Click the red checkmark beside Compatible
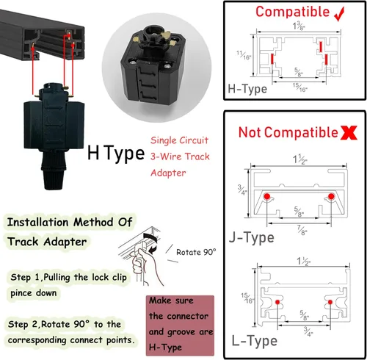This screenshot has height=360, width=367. [x=340, y=14]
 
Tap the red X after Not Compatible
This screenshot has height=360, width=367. [x=349, y=133]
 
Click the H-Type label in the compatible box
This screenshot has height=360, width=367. [x=247, y=89]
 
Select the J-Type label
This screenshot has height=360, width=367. [x=252, y=237]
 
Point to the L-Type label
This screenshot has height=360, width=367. [x=255, y=341]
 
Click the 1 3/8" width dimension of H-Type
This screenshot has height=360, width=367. [x=299, y=26]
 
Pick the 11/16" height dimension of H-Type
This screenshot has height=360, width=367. [x=244, y=55]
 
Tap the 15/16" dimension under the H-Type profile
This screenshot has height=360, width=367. [x=300, y=87]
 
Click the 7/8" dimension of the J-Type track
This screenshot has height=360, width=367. [x=302, y=231]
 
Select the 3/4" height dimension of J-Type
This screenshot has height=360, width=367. [x=242, y=190]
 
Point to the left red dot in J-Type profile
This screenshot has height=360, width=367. [x=267, y=196]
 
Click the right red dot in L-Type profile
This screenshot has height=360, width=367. [x=330, y=302]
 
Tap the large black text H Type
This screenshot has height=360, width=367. [x=116, y=153]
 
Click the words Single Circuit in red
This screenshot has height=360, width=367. [x=179, y=140]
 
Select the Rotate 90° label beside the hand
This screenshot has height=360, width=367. [x=196, y=252]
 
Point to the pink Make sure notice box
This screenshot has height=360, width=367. [x=180, y=325]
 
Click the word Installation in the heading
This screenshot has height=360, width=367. [x=38, y=223]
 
